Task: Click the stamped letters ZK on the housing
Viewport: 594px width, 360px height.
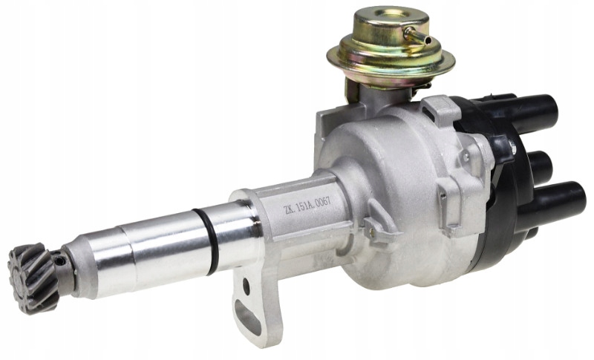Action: point(289,209)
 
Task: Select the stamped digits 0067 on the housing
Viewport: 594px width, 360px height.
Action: point(323,200)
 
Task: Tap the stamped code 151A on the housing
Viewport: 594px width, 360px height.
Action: point(304,205)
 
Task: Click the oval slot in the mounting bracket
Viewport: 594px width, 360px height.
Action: point(247,316)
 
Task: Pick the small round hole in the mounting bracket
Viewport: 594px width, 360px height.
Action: point(247,287)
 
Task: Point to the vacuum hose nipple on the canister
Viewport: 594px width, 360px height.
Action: point(418,36)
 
